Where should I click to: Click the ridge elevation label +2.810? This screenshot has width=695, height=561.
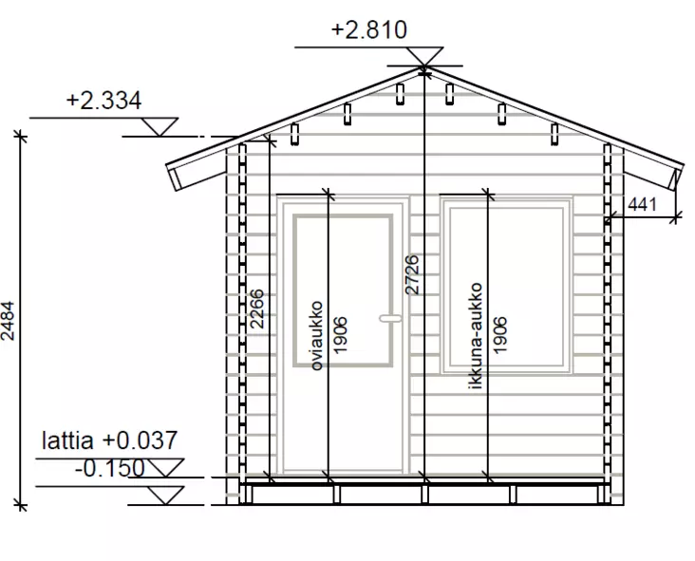point(368,30)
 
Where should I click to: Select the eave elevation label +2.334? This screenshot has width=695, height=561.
point(103,101)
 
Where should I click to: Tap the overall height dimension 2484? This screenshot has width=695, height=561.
point(8,321)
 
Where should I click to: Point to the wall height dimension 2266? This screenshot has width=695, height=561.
point(257,309)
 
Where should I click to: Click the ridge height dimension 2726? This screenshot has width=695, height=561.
point(412,274)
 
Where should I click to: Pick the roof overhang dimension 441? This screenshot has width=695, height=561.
point(642,204)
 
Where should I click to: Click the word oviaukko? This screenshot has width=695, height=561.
point(316,336)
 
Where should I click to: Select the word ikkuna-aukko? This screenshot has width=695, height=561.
point(475,336)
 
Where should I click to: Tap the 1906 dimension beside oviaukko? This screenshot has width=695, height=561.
point(340,335)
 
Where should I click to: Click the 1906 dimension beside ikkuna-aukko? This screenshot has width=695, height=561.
point(499,335)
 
